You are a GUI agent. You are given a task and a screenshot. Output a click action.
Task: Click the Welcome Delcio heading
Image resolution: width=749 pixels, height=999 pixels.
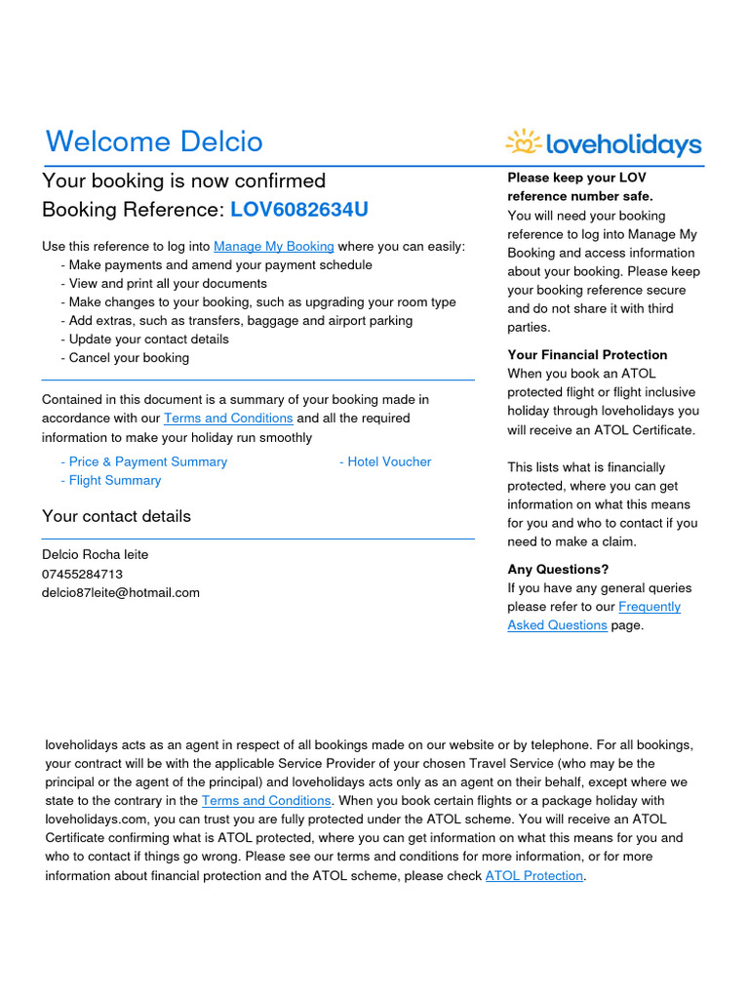click(x=154, y=142)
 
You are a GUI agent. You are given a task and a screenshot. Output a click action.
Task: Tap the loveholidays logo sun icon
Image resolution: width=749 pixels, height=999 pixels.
click(x=524, y=142)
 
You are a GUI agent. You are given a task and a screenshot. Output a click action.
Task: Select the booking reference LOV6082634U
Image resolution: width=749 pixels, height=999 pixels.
click(x=299, y=210)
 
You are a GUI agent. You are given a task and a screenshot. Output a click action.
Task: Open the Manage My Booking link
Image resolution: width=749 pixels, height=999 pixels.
click(x=273, y=247)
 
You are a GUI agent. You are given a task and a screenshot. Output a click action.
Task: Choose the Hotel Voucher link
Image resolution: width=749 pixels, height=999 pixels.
click(x=385, y=462)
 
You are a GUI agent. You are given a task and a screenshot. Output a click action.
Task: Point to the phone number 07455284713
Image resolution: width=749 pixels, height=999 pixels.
click(x=82, y=575)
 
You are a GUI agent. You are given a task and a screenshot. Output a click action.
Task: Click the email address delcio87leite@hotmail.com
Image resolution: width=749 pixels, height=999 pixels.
click(x=120, y=593)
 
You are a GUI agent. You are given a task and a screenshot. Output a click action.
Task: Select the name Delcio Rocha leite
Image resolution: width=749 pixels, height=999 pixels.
click(x=95, y=555)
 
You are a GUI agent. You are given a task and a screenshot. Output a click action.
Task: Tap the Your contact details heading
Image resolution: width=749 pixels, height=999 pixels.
click(x=116, y=516)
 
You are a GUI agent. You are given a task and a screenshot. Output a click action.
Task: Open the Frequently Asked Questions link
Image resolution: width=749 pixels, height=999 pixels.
click(x=594, y=617)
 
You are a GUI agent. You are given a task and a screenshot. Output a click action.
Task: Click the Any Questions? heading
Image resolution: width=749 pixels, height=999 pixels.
click(x=556, y=570)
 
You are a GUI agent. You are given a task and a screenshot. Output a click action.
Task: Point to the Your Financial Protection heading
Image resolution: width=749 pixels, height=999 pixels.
click(x=587, y=355)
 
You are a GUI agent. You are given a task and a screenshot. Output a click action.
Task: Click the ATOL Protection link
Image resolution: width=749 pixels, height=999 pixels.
click(x=533, y=876)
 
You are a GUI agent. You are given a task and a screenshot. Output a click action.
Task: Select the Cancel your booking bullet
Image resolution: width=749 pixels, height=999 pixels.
click(x=128, y=358)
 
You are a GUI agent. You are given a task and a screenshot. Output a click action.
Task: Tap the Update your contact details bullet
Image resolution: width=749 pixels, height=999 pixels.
click(x=148, y=340)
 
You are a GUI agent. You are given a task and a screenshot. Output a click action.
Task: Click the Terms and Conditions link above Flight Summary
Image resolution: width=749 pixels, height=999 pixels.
click(x=228, y=419)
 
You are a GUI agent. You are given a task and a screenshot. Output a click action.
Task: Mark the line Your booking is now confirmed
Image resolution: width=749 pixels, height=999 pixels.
click(x=183, y=181)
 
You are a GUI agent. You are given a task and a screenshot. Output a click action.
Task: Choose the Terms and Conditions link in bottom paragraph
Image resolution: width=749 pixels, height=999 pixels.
click(x=266, y=801)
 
